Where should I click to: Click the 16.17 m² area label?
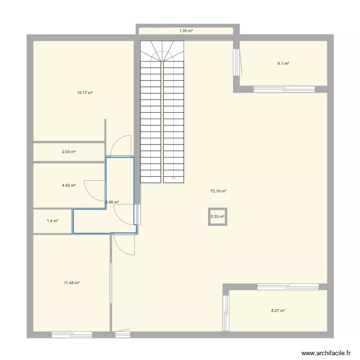coord(84,93)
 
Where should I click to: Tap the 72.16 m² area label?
coord(218,191)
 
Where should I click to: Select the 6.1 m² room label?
coord(283,63)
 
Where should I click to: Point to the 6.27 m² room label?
coord(278,311)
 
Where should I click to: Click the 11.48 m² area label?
coord(72,283)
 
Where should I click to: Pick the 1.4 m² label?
coord(52,221)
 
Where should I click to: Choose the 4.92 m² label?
coord(69,185)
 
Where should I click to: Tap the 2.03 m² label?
coord(69,152)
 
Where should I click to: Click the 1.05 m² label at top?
coord(186,31)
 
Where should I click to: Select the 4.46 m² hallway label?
coord(112,203)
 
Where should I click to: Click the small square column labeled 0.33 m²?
coord(217,217)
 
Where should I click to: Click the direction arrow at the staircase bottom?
coord(173,178)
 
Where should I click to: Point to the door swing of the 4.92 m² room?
coord(94,190)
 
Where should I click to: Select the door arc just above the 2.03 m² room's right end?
coord(120,145)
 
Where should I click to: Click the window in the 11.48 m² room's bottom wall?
coord(72,335)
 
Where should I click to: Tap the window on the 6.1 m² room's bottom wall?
coord(284,89)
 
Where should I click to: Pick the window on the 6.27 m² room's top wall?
coord(288,287)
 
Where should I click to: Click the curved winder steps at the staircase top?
coord(162,50)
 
